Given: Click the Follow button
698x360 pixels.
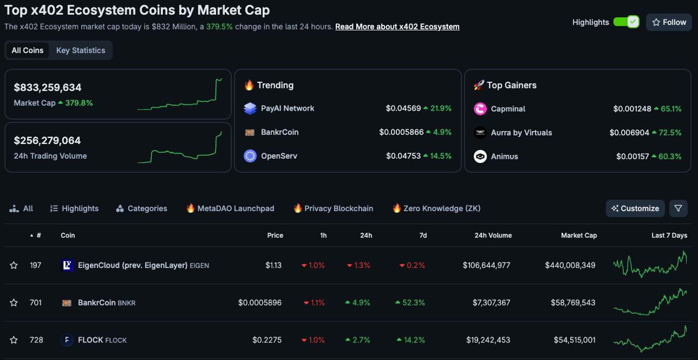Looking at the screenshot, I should point(669,22).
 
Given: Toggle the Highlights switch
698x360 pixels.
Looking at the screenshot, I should point(626,22).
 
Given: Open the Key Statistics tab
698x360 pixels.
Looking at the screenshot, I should point(81,50).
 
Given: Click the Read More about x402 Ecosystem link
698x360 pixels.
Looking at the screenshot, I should point(397,27).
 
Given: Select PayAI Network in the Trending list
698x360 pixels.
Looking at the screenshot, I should point(287,109).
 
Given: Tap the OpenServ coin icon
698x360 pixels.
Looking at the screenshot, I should point(250,156).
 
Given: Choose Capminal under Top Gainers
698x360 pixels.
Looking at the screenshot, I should point(508,109).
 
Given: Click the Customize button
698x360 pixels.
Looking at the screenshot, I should point(635,208).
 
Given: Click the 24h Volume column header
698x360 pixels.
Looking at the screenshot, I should point(493,236).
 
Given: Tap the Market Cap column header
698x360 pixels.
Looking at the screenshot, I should point(579,236).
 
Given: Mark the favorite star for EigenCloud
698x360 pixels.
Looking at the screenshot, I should point(14,266).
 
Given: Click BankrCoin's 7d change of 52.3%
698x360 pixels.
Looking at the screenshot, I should point(413,303).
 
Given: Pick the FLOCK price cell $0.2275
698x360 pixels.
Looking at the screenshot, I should point(267,340).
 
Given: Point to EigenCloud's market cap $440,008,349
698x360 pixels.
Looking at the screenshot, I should point(570,266).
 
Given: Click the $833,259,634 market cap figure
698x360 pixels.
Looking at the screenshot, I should point(48,87).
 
